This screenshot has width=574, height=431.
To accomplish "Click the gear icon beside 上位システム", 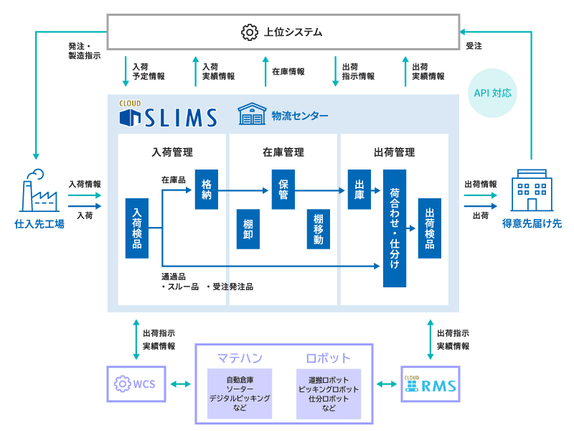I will (250, 32).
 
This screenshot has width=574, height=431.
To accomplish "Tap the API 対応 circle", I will (494, 93).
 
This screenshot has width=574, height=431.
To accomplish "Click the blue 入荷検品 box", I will (136, 228).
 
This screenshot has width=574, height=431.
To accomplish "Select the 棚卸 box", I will (248, 229).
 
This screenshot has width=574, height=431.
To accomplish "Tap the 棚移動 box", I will (318, 229).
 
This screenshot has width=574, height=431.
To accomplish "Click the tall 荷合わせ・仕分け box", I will (395, 228).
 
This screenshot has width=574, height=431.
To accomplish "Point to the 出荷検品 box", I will (430, 228).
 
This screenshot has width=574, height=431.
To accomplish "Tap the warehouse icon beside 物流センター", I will (252, 113).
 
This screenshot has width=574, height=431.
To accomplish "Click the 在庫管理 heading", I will (283, 152).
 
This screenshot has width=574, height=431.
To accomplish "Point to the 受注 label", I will (474, 45).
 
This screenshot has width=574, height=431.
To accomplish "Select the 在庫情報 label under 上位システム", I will (288, 72).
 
